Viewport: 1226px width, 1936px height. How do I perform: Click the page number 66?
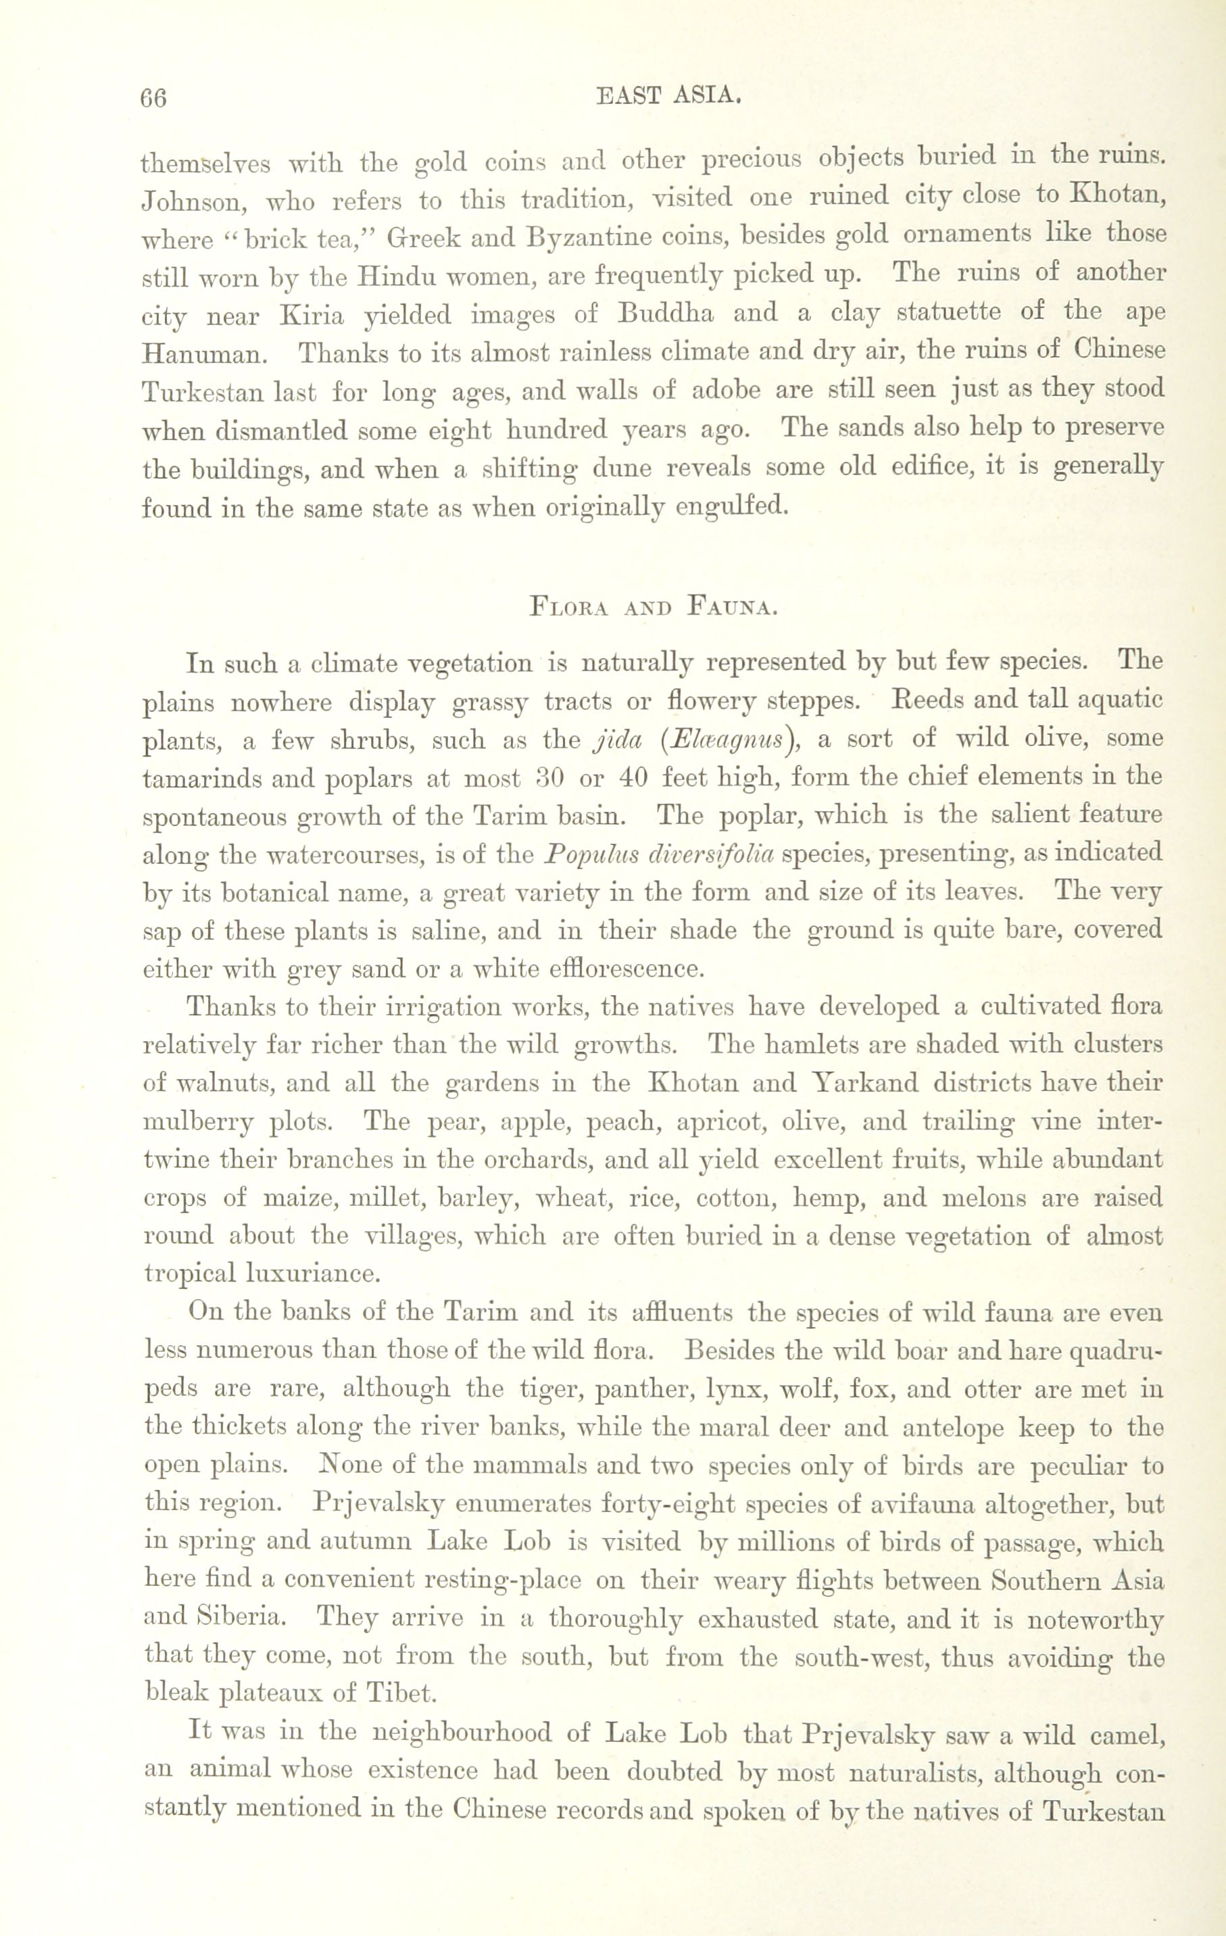click(x=153, y=98)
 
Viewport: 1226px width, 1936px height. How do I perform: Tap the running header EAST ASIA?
click(x=668, y=96)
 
